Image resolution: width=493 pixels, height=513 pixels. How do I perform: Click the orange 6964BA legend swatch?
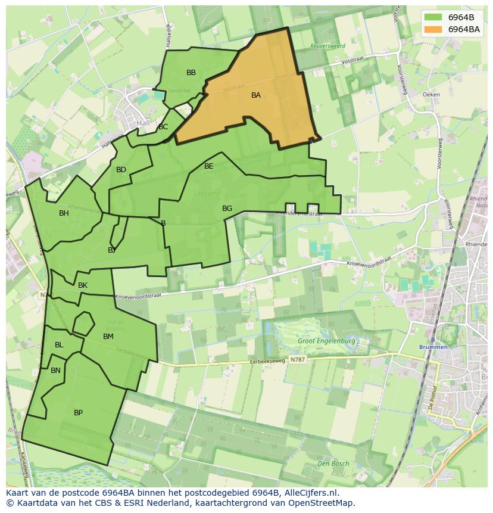click(x=433, y=29)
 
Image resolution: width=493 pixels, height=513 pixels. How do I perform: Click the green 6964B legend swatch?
click(x=433, y=17)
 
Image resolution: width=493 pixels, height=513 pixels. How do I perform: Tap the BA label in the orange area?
click(x=256, y=95)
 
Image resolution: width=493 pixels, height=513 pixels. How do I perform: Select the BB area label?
click(x=191, y=73)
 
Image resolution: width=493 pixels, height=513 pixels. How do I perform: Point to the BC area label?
click(x=163, y=127)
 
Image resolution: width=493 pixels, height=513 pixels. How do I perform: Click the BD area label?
click(x=121, y=170)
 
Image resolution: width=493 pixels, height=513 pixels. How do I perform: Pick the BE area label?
click(x=209, y=166)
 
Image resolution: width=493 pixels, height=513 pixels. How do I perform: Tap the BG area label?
click(x=227, y=209)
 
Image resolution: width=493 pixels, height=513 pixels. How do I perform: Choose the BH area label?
click(x=64, y=213)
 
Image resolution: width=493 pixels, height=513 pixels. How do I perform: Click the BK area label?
click(x=83, y=285)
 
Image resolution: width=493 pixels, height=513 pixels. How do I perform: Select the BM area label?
click(x=108, y=337)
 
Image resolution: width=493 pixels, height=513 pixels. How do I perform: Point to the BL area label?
click(x=59, y=345)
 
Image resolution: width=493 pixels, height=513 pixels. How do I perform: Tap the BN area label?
click(x=55, y=371)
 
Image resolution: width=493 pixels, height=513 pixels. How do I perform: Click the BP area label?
click(x=78, y=413)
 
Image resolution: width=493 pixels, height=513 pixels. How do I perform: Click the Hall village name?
click(x=143, y=123)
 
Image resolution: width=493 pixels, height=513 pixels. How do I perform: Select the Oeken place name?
click(x=430, y=95)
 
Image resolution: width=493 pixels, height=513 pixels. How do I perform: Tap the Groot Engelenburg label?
click(x=327, y=341)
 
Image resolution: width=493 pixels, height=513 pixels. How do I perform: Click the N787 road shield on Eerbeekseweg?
click(x=298, y=360)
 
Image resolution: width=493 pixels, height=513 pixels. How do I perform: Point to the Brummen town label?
click(x=433, y=347)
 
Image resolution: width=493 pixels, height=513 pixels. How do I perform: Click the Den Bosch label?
click(x=333, y=464)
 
